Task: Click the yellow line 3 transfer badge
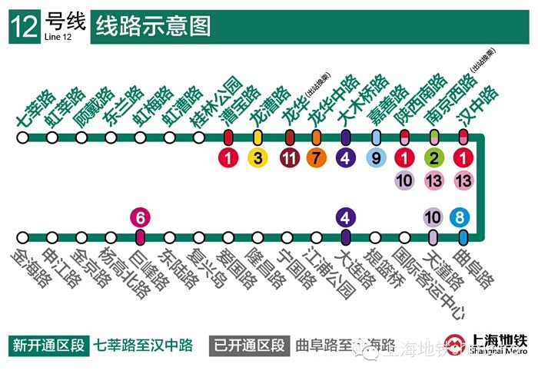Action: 258,159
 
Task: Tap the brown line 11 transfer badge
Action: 289,159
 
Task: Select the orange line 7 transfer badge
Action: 315,159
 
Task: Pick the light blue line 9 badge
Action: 376,159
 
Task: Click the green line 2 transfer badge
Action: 434,159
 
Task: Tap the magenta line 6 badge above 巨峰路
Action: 139,217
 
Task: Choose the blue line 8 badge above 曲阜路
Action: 461,217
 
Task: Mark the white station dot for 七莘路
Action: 23,137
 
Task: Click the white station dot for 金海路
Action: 23,237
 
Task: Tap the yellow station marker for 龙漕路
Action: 258,137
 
